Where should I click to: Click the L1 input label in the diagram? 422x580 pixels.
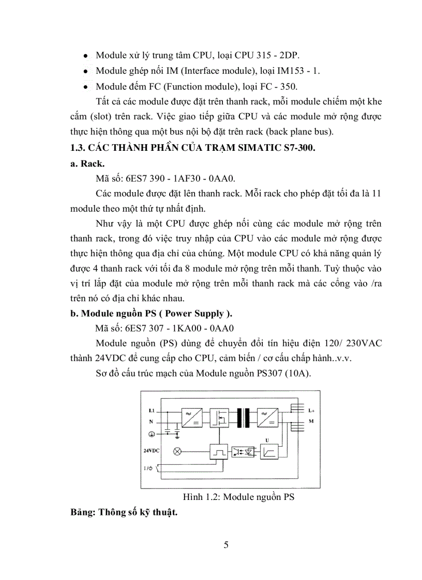[x=152, y=411]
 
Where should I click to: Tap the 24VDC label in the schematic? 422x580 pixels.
[x=152, y=450]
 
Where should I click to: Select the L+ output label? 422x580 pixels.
[x=311, y=411]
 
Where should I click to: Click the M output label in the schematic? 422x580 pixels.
[x=310, y=421]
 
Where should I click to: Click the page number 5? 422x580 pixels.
[x=225, y=545]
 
